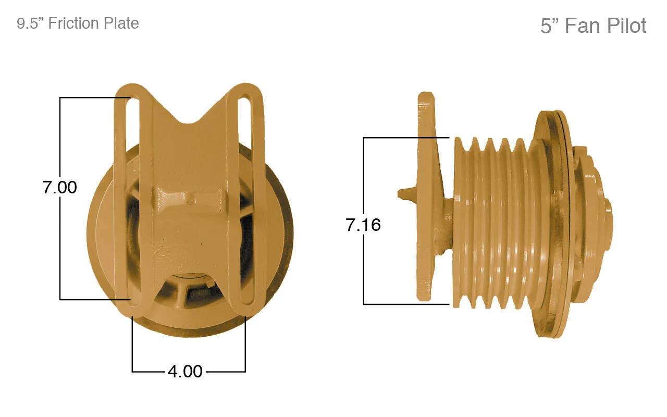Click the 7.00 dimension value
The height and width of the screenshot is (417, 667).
click(59, 187)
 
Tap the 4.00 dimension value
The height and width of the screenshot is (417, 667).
click(185, 372)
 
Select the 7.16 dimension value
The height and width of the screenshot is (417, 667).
click(363, 225)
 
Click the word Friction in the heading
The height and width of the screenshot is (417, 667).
click(73, 23)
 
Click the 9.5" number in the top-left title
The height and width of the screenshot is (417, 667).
click(30, 23)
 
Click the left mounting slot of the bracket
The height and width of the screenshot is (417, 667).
click(132, 199)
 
